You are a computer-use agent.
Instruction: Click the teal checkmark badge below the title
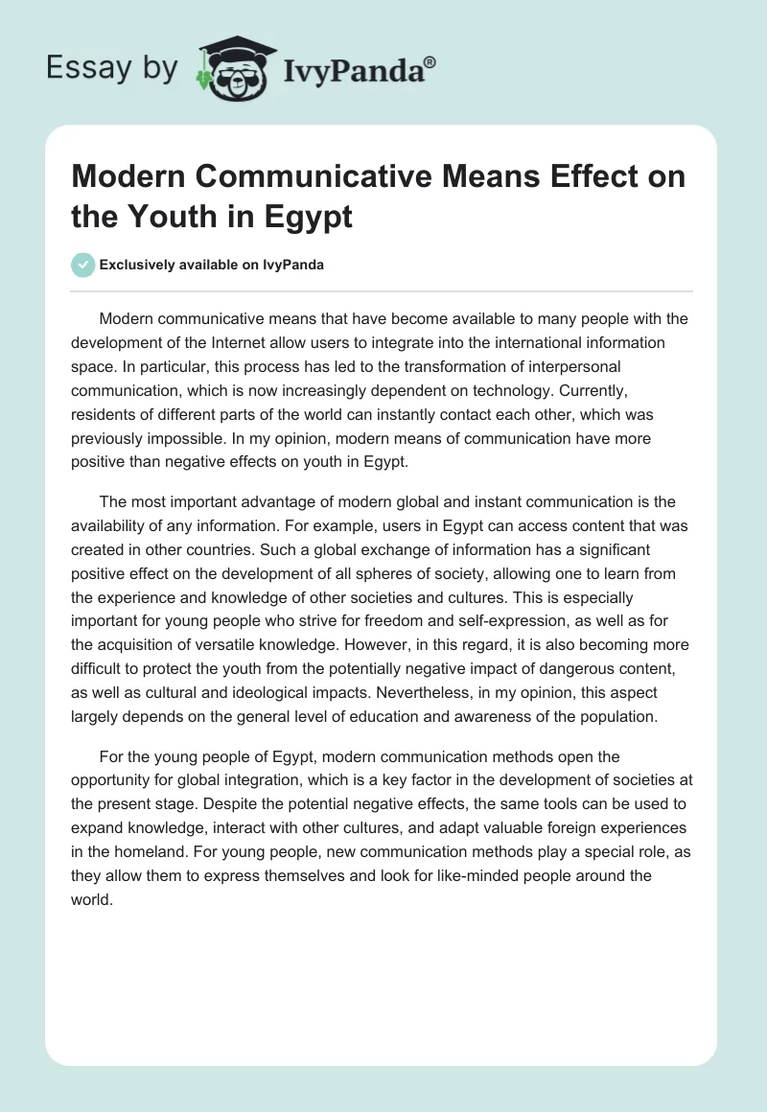pos(83,265)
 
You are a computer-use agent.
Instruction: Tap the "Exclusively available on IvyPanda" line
pos(212,265)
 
